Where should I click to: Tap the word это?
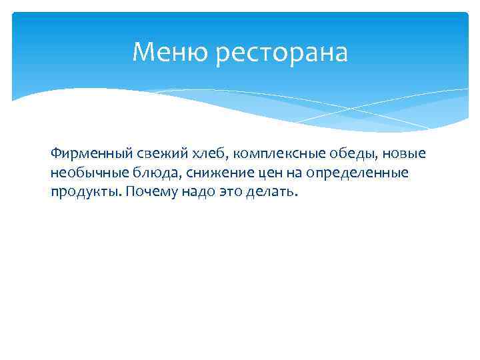tap(225, 192)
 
